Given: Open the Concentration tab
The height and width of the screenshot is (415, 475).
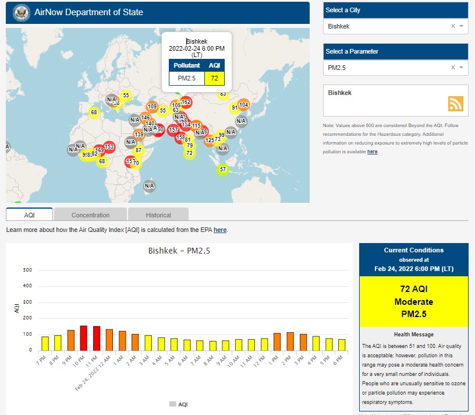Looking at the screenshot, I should [x=90, y=215].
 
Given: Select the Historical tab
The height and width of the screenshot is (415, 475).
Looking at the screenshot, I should [x=158, y=215].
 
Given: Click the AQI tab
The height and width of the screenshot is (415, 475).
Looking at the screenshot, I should [x=30, y=215].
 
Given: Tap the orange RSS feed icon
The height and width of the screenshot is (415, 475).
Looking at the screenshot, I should [x=455, y=103].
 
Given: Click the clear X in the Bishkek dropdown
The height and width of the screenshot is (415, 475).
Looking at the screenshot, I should [x=453, y=26].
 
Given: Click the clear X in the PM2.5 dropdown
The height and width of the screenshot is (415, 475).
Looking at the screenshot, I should [x=453, y=68].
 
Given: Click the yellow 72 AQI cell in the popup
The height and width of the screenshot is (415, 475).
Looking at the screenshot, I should [x=214, y=78].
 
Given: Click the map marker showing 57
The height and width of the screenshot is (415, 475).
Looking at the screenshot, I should [x=222, y=170].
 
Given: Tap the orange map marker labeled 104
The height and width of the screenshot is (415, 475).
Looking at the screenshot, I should [x=243, y=105].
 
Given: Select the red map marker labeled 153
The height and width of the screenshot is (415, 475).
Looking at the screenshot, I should [x=109, y=147].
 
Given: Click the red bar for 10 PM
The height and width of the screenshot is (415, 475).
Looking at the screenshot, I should [x=83, y=338].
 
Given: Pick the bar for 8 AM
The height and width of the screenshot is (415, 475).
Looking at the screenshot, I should [x=212, y=346].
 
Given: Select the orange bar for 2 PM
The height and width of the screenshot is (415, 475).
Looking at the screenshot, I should [x=290, y=342].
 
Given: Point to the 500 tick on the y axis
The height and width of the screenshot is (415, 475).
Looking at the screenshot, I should [x=27, y=270].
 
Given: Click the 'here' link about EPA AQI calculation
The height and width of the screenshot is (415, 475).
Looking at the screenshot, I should [x=220, y=230].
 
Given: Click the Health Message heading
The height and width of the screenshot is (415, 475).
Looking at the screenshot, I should [x=413, y=335].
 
